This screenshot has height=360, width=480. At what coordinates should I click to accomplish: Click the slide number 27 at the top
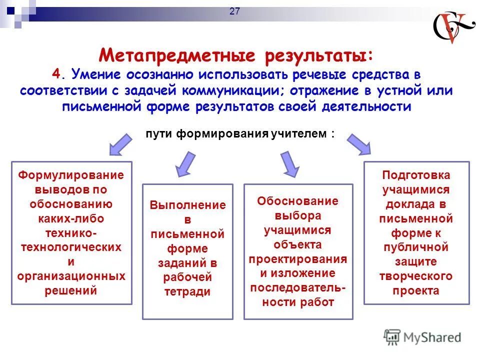pos(234,12)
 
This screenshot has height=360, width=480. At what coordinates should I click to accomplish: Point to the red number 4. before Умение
pos(58,74)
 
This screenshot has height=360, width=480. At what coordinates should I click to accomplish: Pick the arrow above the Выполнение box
pos(185,163)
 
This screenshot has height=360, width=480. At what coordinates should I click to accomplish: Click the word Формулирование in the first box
pos(71,175)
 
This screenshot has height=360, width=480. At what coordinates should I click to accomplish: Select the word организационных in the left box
pos(71,276)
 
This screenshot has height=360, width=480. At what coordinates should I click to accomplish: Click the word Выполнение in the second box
pos(187,205)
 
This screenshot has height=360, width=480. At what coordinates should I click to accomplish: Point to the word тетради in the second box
pos(187,292)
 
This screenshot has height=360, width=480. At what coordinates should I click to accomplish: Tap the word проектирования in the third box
pos(298,259)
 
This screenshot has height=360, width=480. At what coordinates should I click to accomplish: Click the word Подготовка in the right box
pos(416,175)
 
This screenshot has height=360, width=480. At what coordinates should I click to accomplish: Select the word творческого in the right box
pos(416,276)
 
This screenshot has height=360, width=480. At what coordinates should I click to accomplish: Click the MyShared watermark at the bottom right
pos(422,337)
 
